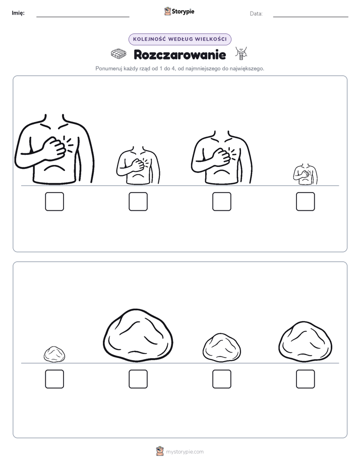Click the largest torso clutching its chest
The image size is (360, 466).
(54, 149)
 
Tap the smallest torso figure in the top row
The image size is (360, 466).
(305, 174)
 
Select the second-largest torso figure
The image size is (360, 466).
(221, 157)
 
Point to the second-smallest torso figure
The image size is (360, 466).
(138, 165)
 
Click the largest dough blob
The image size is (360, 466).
(138, 335)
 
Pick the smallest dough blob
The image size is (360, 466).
(54, 354)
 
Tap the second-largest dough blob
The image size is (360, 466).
(306, 341)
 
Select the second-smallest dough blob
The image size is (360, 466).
(221, 347)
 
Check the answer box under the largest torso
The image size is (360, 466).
(54, 202)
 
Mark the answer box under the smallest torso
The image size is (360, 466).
(306, 202)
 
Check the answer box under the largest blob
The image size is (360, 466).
(138, 379)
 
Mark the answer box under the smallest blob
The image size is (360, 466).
(54, 379)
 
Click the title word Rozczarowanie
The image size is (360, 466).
(179, 54)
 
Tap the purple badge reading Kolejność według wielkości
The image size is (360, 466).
(179, 39)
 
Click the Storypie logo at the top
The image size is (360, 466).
(179, 11)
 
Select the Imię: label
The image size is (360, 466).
(18, 13)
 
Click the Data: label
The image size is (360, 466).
(256, 14)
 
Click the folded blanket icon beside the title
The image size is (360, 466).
(118, 54)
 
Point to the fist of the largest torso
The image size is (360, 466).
(55, 147)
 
